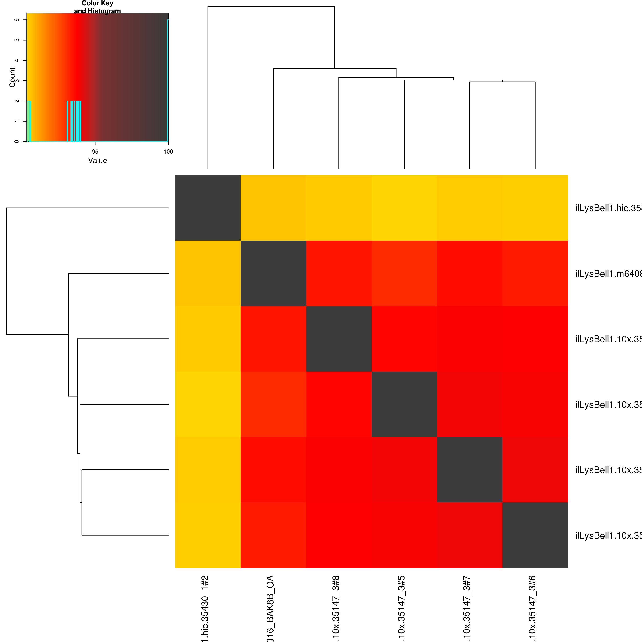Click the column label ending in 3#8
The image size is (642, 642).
pyautogui.click(x=336, y=608)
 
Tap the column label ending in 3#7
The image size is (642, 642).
pyautogui.click(x=467, y=608)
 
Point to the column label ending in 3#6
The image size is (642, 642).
pyautogui.click(x=532, y=608)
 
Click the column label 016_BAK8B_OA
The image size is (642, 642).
pyautogui.click(x=270, y=608)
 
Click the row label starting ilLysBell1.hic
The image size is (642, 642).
pyautogui.click(x=608, y=208)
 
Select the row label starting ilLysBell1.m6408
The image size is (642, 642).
pyautogui.click(x=608, y=274)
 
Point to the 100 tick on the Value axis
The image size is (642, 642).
pyautogui.click(x=168, y=152)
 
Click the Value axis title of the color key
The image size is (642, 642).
pyautogui.click(x=97, y=160)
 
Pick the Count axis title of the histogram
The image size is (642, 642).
pyautogui.click(x=12, y=77)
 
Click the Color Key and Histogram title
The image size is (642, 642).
pyautogui.click(x=97, y=7)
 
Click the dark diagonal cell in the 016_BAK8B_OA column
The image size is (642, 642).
pyautogui.click(x=273, y=273)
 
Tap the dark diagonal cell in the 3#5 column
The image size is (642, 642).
pyautogui.click(x=404, y=404)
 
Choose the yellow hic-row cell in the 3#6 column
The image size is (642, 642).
pyautogui.click(x=535, y=208)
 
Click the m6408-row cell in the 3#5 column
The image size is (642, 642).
pyautogui.click(x=404, y=273)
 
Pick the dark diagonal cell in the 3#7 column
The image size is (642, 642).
pyautogui.click(x=469, y=469)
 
